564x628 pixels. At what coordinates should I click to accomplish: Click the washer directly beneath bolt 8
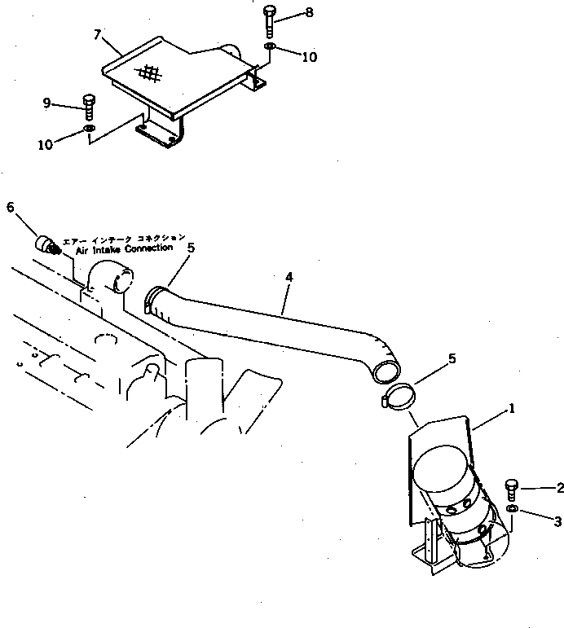[270, 49]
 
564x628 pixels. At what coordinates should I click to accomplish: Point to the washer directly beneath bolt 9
[89, 128]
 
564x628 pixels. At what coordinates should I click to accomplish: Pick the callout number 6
[11, 207]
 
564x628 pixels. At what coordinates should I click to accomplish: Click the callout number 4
[289, 277]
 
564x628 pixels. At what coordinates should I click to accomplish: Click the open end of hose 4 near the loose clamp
[386, 371]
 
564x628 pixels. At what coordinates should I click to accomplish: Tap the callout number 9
[48, 102]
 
